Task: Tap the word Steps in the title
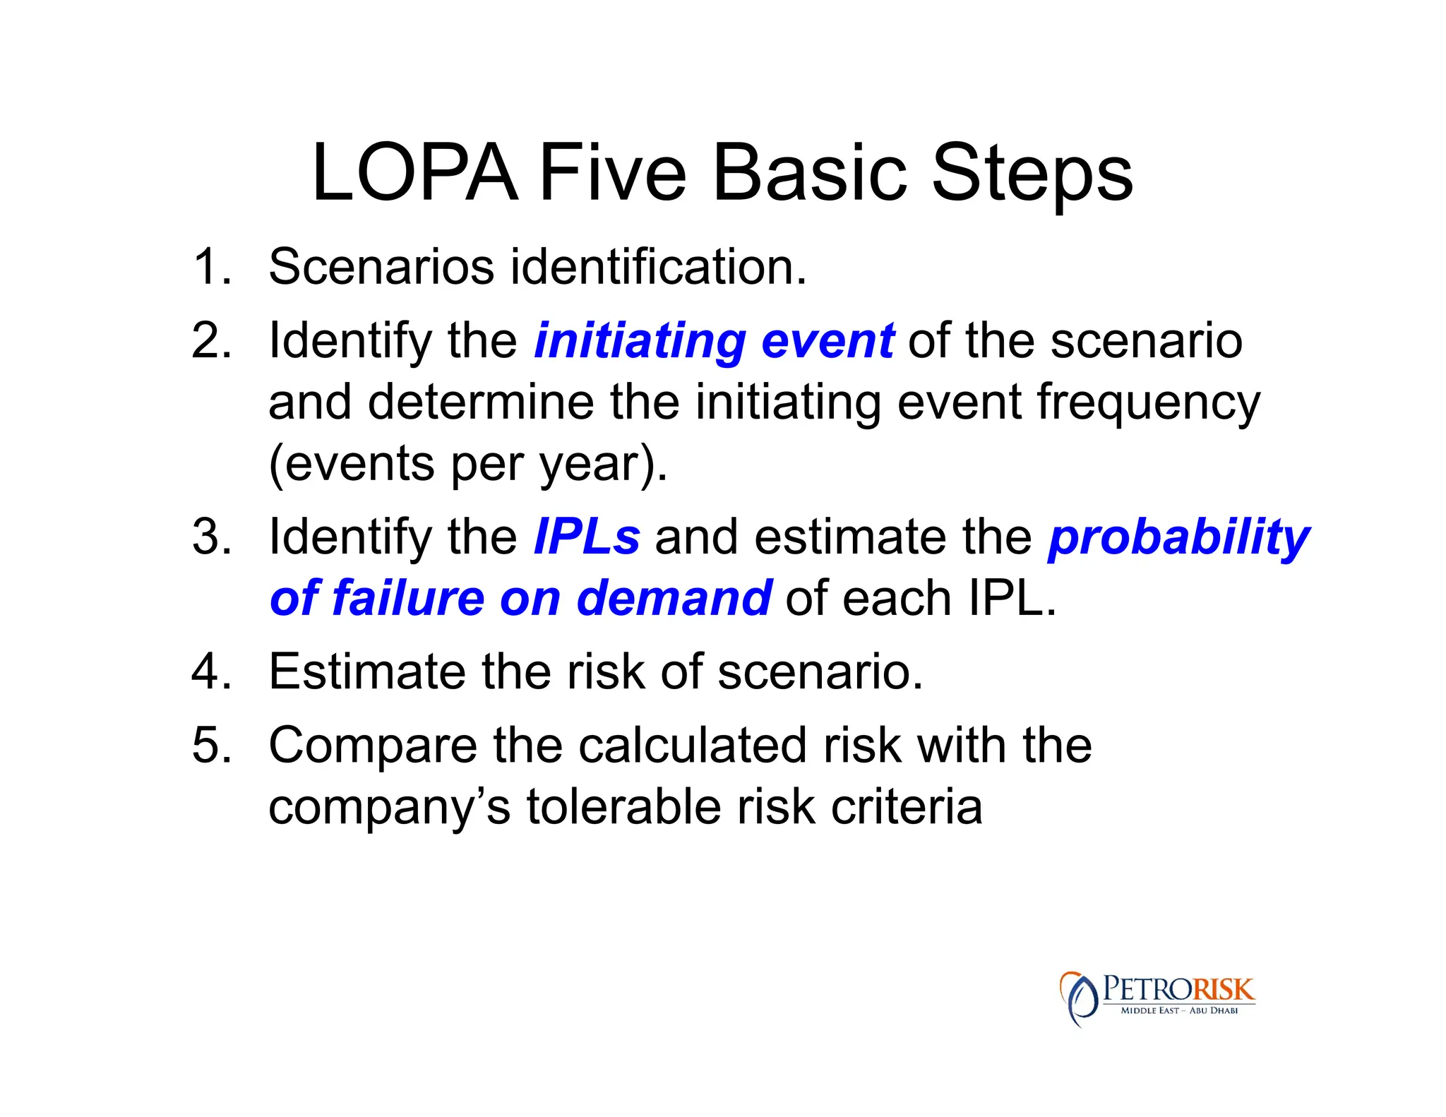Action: pyautogui.click(x=1032, y=174)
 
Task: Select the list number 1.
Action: pyautogui.click(x=211, y=267)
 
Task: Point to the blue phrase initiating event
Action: pyautogui.click(x=714, y=342)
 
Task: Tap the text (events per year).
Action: pyautogui.click(x=467, y=465)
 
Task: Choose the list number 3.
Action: pyautogui.click(x=211, y=537)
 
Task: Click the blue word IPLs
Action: pyautogui.click(x=587, y=537)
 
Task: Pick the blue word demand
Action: pyautogui.click(x=674, y=599)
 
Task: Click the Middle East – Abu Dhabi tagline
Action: pyautogui.click(x=1179, y=1010)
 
